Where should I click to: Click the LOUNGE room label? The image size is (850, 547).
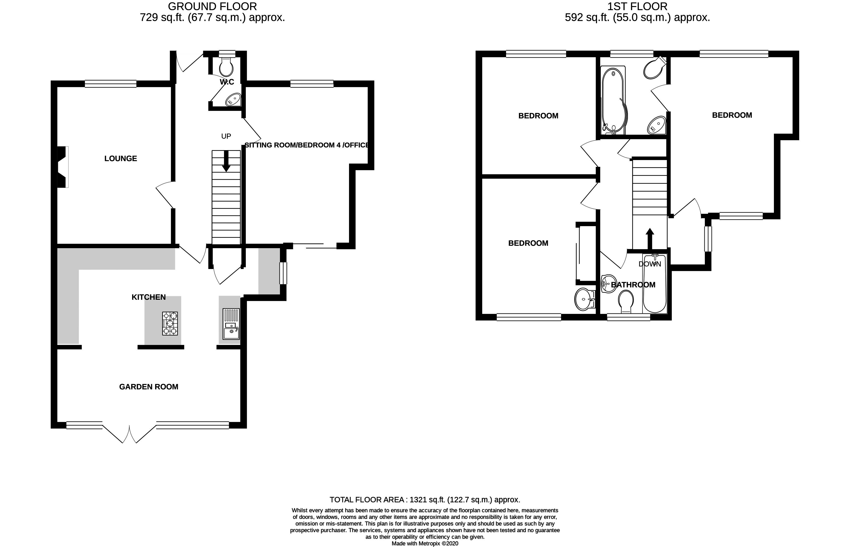click(x=120, y=158)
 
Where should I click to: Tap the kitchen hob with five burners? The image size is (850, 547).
click(x=170, y=323)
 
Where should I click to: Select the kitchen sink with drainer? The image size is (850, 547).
click(x=231, y=324)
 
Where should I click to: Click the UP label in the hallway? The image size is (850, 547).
click(x=226, y=136)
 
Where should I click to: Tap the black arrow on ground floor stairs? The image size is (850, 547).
click(x=226, y=164)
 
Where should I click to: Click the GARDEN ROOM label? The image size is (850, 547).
click(x=149, y=387)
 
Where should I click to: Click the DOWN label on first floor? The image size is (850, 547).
click(x=650, y=264)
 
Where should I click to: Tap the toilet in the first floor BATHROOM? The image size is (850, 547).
click(x=626, y=301)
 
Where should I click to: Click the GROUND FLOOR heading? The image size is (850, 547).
click(x=212, y=6)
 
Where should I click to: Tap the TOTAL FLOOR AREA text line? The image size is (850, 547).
click(x=425, y=500)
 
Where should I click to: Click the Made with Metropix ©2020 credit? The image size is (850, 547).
click(x=425, y=543)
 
